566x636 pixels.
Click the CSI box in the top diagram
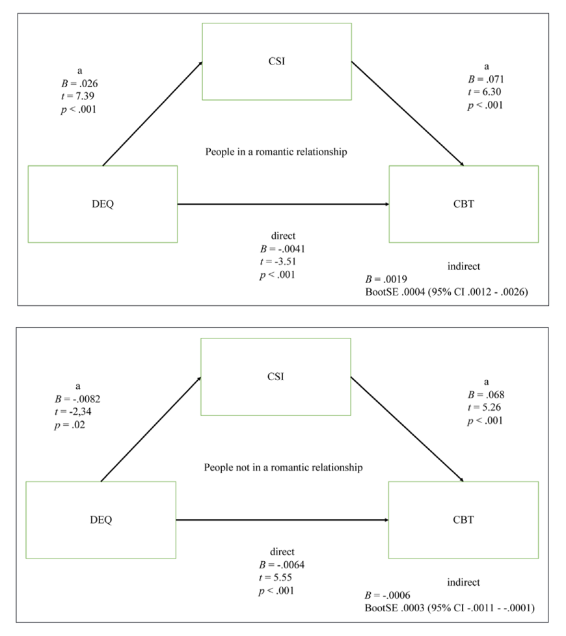(276, 61)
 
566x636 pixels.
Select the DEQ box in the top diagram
(102, 204)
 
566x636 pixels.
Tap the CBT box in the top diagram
(463, 204)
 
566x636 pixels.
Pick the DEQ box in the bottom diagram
(101, 519)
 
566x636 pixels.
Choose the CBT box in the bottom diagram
(463, 519)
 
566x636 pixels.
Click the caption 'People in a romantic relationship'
(276, 152)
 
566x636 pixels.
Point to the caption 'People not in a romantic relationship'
(283, 467)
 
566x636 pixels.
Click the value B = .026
(79, 84)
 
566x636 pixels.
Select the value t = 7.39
(76, 96)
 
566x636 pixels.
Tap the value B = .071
(485, 80)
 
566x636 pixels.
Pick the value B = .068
(485, 395)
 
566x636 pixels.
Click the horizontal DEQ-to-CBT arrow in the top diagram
(283, 204)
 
